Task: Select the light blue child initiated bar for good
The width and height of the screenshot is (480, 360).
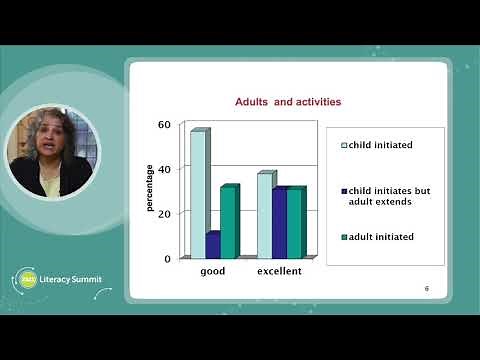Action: pos(198,194)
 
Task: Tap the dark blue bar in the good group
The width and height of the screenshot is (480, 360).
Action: pos(213,245)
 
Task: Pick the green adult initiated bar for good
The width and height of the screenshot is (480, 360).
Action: pos(229,222)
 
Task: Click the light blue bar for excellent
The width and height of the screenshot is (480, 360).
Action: pos(265,215)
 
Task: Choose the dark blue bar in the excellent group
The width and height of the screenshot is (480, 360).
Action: pos(280,222)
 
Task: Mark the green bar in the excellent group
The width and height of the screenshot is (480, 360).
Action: pos(295,223)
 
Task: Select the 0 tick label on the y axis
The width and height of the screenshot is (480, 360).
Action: pos(169,258)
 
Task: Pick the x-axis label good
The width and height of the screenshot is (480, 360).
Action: pos(214,271)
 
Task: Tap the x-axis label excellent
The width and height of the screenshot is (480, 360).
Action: pos(280,271)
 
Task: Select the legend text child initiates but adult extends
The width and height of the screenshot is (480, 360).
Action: pos(382,195)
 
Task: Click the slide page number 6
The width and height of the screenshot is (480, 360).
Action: pos(427,288)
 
